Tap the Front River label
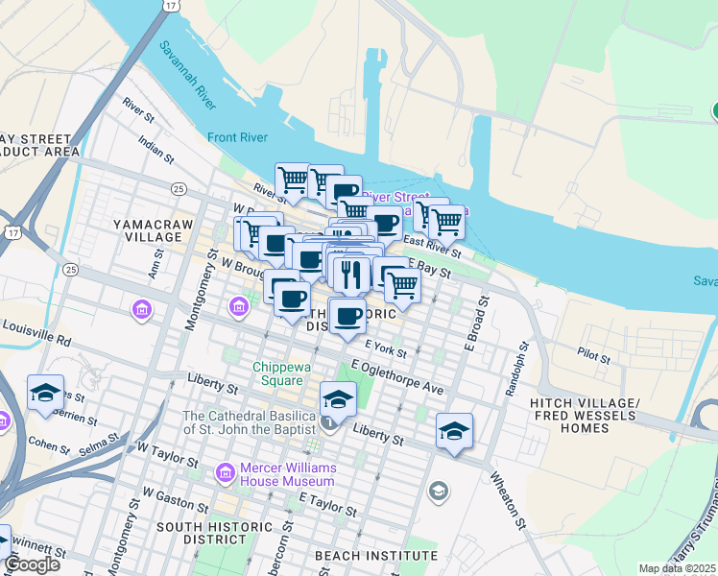click(237, 137)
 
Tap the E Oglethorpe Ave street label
click(397, 378)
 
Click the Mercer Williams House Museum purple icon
click(226, 473)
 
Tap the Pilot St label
click(594, 356)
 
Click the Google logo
click(32, 564)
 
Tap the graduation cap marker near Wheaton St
click(454, 431)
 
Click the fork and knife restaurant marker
click(352, 275)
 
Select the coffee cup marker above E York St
click(347, 315)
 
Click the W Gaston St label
click(174, 504)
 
